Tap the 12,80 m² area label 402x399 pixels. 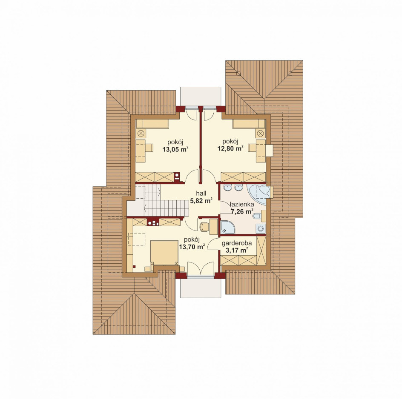point(230,148)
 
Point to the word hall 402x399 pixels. point(201,194)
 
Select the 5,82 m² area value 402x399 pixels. point(201,201)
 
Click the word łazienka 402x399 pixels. point(242,204)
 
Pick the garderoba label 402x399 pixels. point(237,243)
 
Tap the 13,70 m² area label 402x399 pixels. point(192,247)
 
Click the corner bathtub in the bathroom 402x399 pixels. point(258,194)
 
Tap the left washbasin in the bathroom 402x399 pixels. point(227,188)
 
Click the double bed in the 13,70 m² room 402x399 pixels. point(164,253)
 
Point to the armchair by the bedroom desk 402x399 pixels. point(204,226)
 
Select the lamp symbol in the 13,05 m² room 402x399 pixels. point(141,134)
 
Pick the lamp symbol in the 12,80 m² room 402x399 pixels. point(260,133)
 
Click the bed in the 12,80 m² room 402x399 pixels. point(249,124)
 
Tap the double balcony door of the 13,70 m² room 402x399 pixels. point(201,268)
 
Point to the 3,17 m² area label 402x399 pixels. point(236,250)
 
